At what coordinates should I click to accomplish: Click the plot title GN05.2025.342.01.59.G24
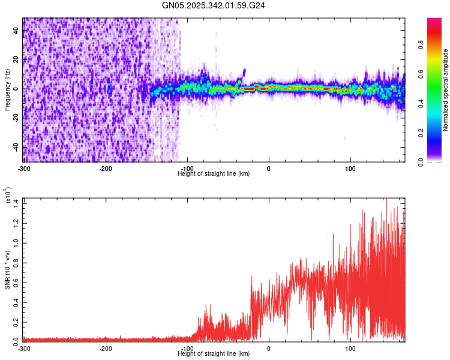tap(225, 5)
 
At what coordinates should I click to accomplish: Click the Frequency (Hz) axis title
tap(8, 89)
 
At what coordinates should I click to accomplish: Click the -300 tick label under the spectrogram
tap(24, 167)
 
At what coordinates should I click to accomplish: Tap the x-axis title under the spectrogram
tap(214, 173)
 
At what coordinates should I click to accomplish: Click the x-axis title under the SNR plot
tap(214, 354)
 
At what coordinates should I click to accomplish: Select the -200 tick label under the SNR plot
tap(106, 348)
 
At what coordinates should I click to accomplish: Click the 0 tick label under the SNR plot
tap(269, 348)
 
